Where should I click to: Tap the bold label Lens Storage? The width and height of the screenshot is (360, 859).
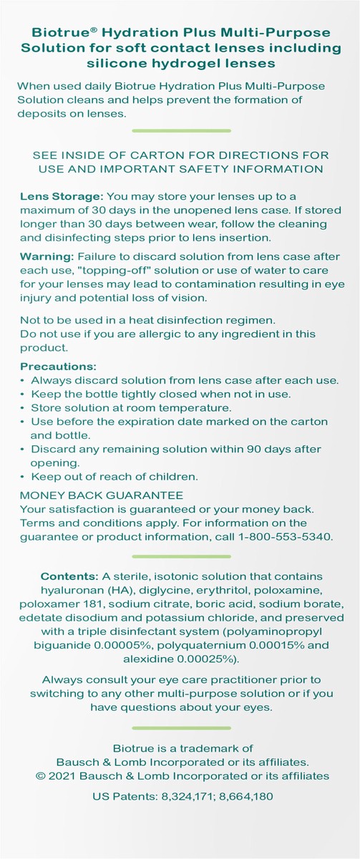(x=62, y=196)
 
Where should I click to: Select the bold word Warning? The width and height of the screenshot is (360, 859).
(x=44, y=256)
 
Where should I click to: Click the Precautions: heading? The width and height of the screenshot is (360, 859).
(x=58, y=367)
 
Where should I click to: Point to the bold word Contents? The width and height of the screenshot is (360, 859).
(x=69, y=576)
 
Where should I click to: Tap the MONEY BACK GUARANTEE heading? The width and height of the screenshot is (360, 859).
(x=101, y=495)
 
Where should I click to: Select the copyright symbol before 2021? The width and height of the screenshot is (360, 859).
(x=40, y=775)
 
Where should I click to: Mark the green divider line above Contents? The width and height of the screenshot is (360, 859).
(x=181, y=555)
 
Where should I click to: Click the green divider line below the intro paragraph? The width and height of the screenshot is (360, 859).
(x=181, y=131)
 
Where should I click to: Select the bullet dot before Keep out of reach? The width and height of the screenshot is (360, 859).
(x=23, y=477)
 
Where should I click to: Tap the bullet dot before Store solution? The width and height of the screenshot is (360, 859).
(x=23, y=408)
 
